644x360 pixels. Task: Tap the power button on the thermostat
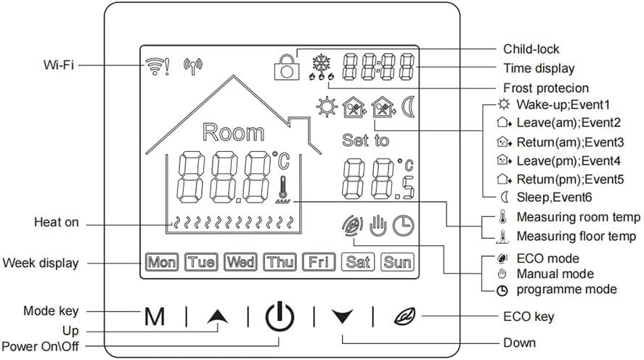click(280, 317)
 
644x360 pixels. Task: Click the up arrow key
click(216, 316)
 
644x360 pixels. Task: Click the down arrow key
click(342, 316)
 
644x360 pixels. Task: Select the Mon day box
click(162, 262)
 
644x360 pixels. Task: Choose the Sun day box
click(397, 262)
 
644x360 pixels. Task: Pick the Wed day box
click(240, 262)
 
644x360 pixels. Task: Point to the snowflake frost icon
click(319, 62)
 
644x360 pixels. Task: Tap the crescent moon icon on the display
click(408, 108)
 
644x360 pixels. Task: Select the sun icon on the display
click(326, 108)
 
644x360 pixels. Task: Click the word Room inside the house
click(233, 132)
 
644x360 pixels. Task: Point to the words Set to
click(365, 140)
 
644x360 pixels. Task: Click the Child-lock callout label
click(531, 49)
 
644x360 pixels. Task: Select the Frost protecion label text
click(542, 87)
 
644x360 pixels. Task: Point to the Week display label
click(41, 262)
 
